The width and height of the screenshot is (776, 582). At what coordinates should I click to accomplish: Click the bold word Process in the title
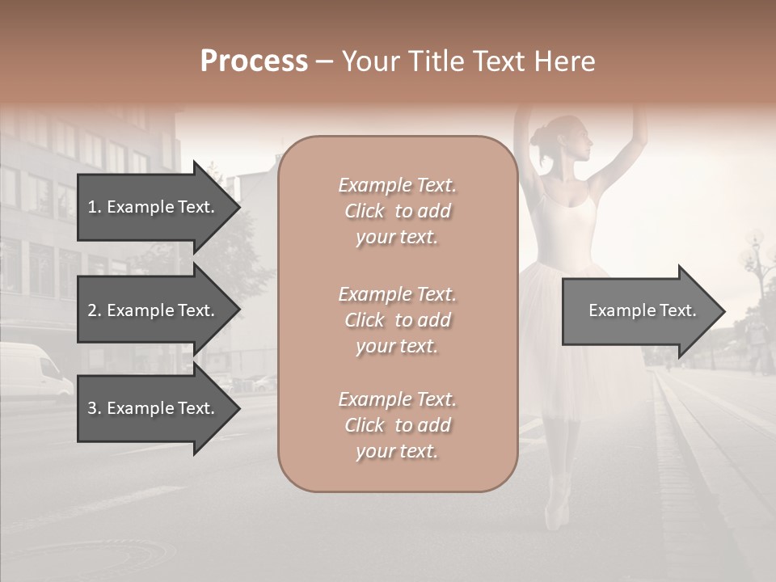254,61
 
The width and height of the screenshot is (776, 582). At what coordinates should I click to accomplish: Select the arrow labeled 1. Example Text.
154,207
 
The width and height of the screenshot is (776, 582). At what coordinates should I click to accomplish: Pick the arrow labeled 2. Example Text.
154,310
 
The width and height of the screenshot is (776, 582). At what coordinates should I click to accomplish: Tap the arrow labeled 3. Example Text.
154,408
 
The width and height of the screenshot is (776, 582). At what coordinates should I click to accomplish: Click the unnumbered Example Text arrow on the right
643,310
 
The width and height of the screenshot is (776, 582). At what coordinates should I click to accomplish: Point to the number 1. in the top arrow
95,207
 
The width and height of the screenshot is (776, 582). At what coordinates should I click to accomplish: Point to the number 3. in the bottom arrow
95,408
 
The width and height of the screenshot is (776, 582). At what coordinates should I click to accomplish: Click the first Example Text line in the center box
397,185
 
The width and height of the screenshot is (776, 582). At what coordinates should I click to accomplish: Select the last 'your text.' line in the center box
397,451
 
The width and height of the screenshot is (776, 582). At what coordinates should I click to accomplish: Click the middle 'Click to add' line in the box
397,320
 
